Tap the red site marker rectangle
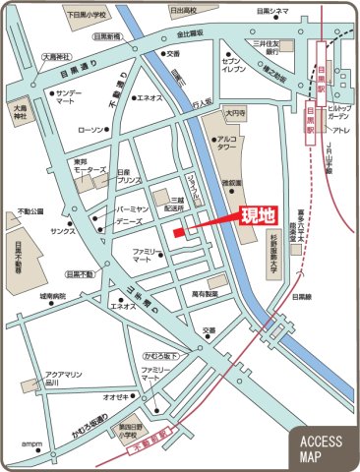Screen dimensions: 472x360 (x=179, y=233)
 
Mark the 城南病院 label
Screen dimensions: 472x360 (x=52, y=295)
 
